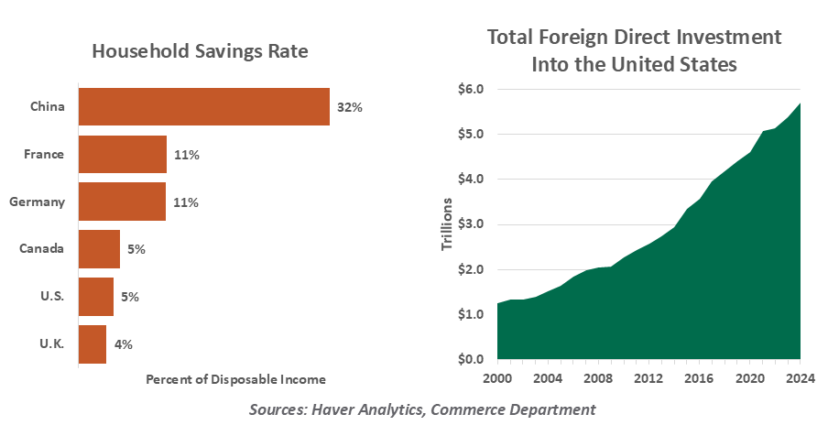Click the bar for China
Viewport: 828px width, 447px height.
203,106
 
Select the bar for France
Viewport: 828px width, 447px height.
123,154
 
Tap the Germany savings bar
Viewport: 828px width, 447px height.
122,202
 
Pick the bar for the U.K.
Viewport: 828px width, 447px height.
93,344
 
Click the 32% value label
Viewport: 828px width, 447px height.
350,107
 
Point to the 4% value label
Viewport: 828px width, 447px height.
124,344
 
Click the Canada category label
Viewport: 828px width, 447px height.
42,249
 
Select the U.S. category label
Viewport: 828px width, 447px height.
50,297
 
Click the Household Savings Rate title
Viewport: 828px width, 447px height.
200,51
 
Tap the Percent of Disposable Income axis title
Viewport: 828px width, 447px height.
235,378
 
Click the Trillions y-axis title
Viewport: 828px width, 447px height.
447,223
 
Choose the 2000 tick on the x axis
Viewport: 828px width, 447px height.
497,377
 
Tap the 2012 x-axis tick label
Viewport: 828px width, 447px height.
648,377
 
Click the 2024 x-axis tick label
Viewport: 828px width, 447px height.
801,377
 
